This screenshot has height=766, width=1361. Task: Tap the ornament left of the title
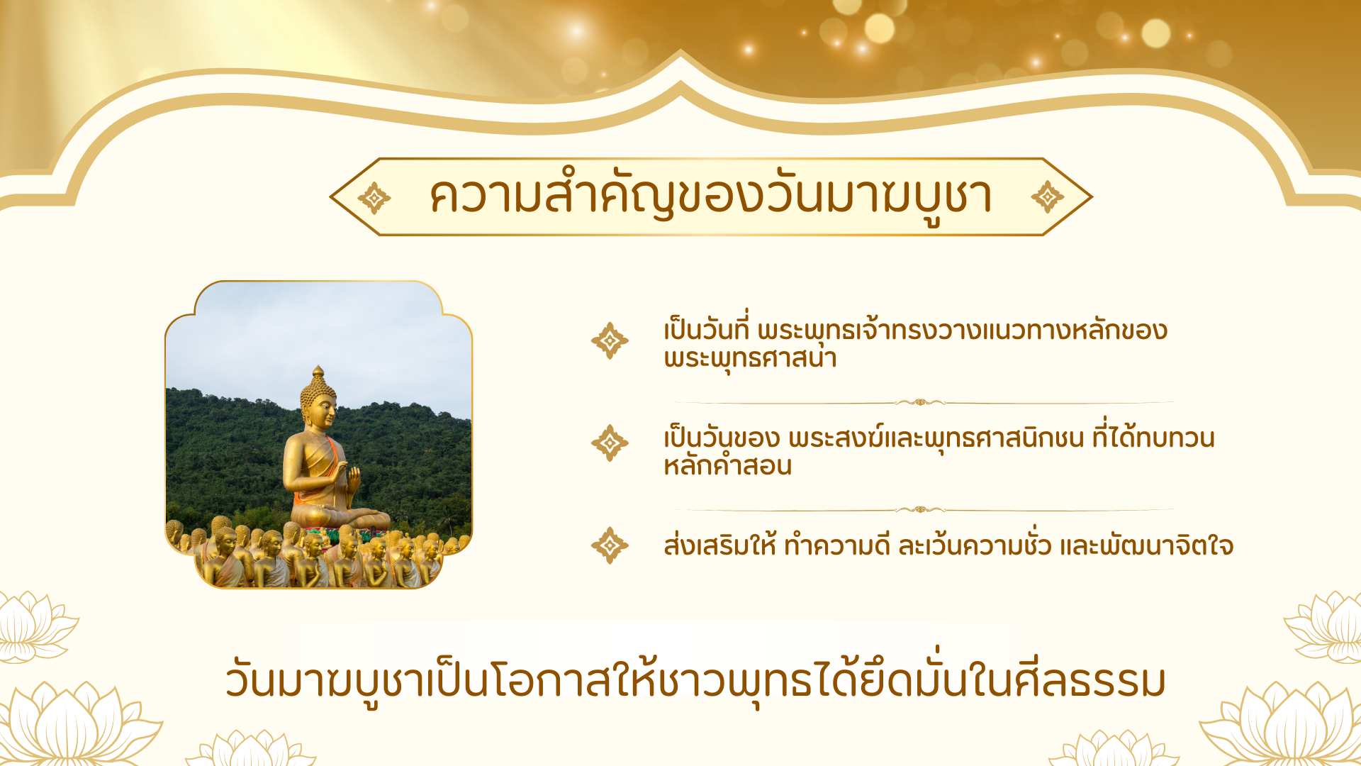374,198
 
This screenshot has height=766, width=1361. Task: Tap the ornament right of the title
1048,197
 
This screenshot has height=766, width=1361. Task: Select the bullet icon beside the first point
610,340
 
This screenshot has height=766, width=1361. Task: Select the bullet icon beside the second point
610,443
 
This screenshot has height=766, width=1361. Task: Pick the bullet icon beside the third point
610,545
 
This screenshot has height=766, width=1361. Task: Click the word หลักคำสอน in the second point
727,466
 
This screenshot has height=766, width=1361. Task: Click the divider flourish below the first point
920,402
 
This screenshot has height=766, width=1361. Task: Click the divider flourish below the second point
920,509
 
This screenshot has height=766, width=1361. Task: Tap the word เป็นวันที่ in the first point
706,328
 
